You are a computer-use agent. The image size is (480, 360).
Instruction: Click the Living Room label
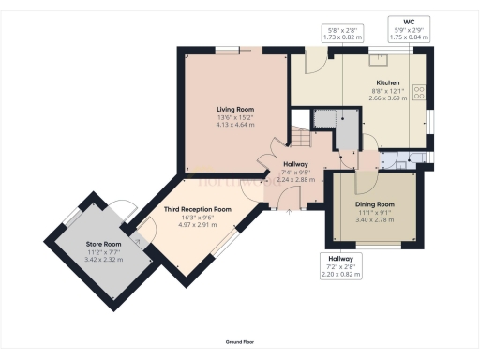coord(234,110)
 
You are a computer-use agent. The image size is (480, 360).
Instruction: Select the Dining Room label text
coord(374,203)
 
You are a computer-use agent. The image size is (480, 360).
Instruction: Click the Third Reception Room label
coord(197,210)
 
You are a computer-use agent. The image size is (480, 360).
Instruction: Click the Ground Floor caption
coord(240,342)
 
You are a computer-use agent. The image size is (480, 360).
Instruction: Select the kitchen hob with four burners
coord(419,94)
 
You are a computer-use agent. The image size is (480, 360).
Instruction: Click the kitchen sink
coord(381,59)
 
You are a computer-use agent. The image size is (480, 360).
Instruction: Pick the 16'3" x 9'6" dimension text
coord(197,217)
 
